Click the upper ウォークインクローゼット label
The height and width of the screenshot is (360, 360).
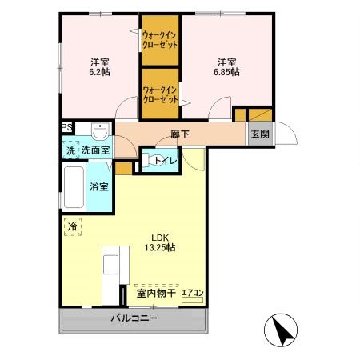(160, 39)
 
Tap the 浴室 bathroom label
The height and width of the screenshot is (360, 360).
(100, 186)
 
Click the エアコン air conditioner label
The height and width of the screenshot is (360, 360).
(192, 294)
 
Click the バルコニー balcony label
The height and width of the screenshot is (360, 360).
(133, 318)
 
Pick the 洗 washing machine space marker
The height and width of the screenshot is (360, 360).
(70, 150)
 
